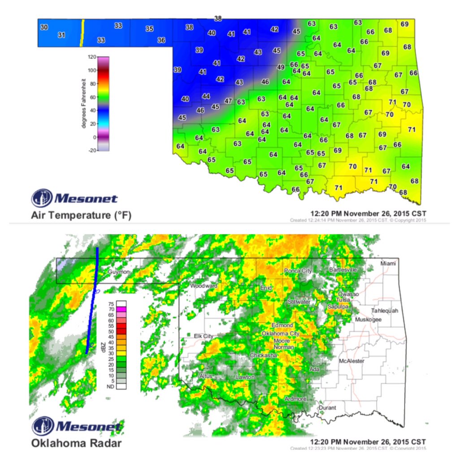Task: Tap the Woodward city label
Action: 204,286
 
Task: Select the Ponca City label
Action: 298,271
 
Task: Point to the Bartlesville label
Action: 343,270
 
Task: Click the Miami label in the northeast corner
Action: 388,264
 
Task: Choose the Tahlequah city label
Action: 385,311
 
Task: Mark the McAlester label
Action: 352,361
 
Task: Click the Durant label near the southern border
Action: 326,408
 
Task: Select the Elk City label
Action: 204,336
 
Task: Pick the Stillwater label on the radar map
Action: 299,302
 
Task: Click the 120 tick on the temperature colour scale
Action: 91,57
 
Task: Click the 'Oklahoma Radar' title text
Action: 75,443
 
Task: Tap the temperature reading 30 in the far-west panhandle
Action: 44,27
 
